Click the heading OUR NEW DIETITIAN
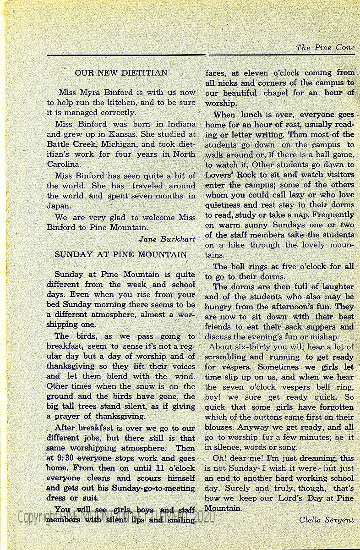121,72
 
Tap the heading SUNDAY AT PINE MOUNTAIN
121,254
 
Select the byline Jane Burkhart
167,239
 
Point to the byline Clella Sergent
327,519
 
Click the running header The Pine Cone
325,48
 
